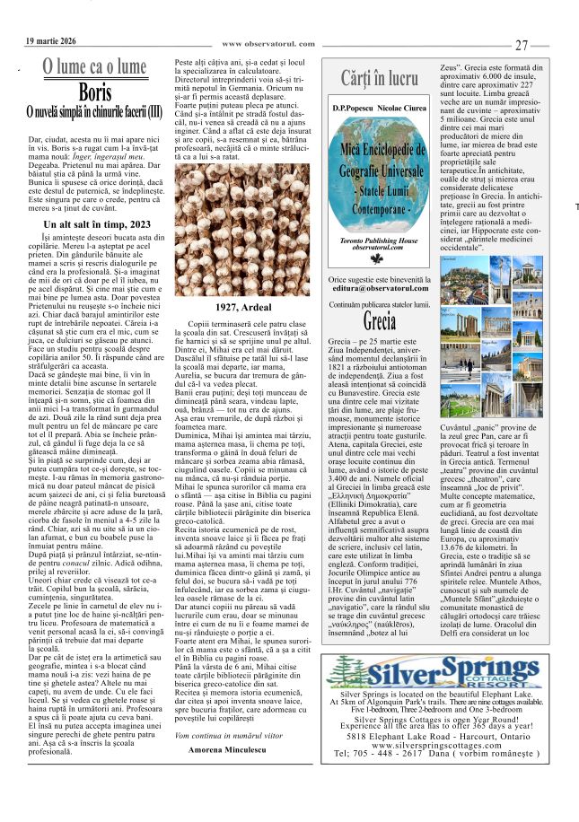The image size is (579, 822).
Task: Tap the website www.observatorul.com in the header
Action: pyautogui.click(x=268, y=43)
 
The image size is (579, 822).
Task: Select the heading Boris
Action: pyautogui.click(x=94, y=92)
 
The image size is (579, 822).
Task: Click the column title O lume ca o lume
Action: pyautogui.click(x=94, y=66)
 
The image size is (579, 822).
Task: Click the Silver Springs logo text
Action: pyautogui.click(x=449, y=671)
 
